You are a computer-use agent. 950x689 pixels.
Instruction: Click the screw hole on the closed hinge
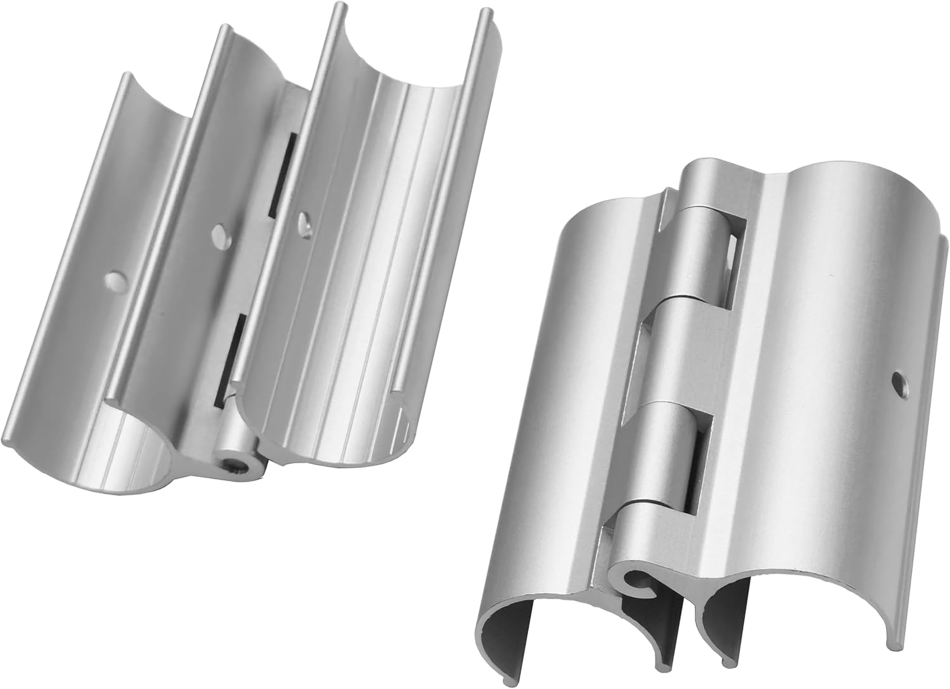[897, 380]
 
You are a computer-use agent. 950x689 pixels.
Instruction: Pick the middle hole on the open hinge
[220, 232]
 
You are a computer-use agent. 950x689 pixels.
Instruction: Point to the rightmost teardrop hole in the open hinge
[305, 222]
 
